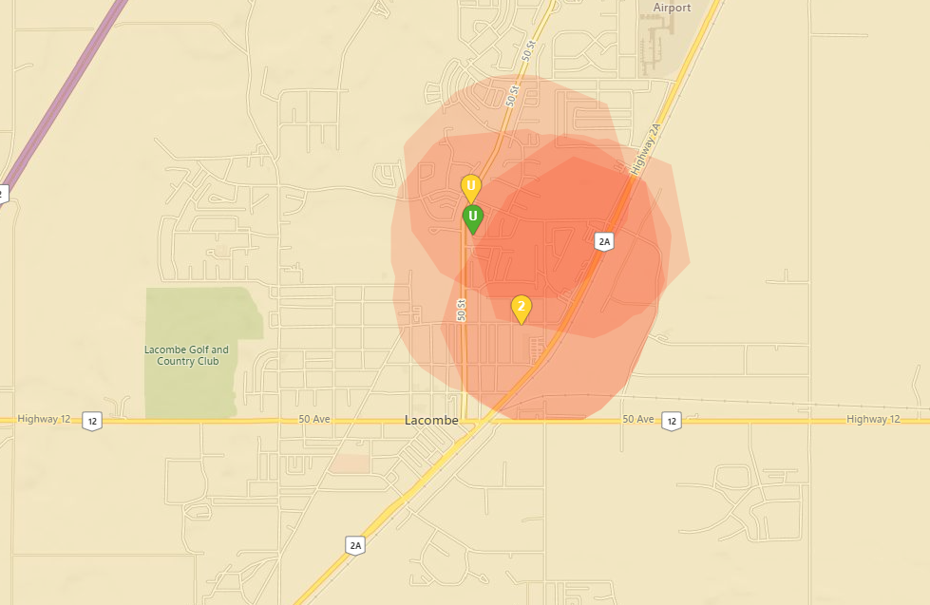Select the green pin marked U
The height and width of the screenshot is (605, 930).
472,217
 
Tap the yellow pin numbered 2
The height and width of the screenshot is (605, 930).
521,308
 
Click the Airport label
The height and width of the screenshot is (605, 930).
672,8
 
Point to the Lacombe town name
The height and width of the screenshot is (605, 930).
431,420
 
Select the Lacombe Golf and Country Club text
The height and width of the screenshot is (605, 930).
186,355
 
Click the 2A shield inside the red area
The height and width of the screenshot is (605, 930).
604,241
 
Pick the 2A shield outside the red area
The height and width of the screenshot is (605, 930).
355,544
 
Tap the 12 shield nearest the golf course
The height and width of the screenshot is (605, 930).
91,420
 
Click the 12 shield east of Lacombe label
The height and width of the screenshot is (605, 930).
672,420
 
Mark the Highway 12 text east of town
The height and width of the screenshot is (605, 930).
872,420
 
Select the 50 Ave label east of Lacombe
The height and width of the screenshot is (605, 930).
638,420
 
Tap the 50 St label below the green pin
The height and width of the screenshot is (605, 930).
462,310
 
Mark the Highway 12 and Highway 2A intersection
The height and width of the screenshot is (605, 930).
488,419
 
